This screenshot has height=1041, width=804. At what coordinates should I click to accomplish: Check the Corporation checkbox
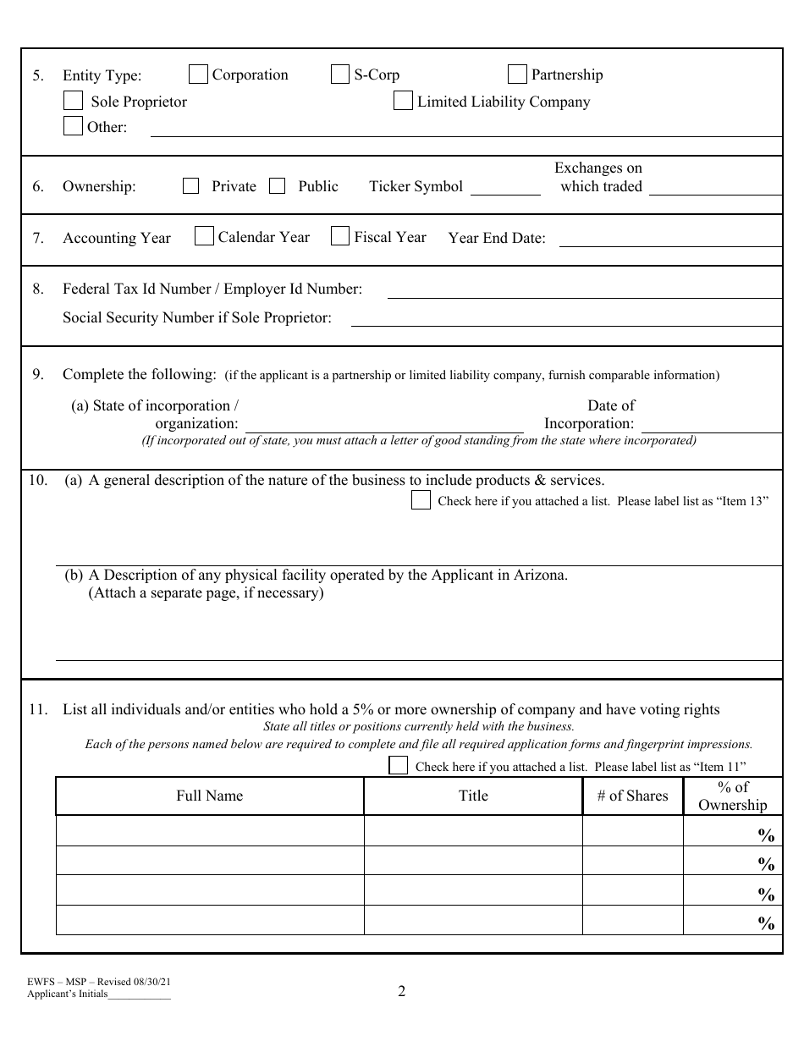pos(198,75)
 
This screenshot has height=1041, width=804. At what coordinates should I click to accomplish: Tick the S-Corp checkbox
pos(339,75)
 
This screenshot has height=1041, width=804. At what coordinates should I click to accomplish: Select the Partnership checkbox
pos(517,75)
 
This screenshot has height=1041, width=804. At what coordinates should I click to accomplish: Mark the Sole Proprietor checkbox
pos(73,102)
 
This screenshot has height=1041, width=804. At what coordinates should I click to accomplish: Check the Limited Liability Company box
pos(403,102)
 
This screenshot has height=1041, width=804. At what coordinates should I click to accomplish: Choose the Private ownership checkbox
pos(191,186)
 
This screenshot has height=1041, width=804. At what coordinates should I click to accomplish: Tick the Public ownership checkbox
pos(277,186)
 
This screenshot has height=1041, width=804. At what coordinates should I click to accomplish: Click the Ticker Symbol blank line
pos(505,190)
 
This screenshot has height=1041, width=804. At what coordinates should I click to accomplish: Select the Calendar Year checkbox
pos(204,237)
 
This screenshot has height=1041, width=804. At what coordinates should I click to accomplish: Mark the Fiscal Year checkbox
pos(339,237)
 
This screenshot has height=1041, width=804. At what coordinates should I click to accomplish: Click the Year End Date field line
pos(669,240)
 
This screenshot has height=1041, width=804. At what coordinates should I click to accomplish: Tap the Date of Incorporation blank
pos(711,427)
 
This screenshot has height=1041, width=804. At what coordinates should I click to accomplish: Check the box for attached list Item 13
pos(421,501)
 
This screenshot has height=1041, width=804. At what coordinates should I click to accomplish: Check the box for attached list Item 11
pos(398,766)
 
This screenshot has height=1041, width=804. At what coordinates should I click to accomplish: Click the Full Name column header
pos(209,796)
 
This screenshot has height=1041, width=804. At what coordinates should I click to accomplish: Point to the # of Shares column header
pos(632,796)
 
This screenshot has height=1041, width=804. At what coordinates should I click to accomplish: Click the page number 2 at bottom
pos(402,991)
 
